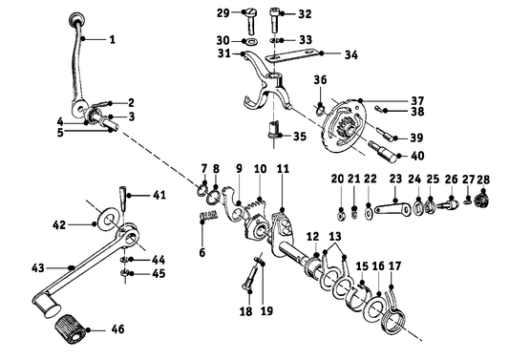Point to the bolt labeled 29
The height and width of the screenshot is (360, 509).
[x=246, y=13]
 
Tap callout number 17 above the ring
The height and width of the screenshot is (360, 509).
[x=394, y=266]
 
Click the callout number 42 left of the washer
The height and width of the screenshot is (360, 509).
[x=58, y=225]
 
